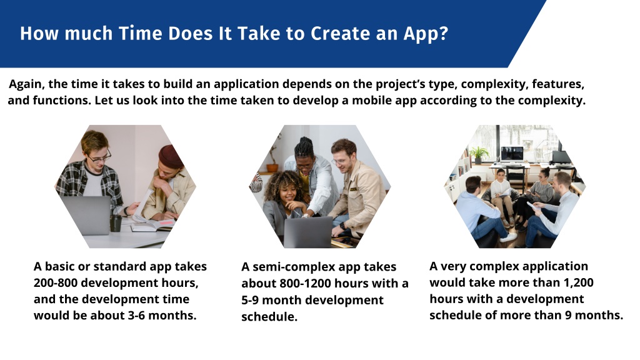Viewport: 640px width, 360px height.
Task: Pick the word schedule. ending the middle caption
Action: (x=269, y=317)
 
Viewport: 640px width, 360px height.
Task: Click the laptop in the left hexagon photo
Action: (x=86, y=216)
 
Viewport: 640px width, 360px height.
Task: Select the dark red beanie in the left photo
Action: (x=171, y=156)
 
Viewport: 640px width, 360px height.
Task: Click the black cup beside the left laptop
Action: (x=116, y=223)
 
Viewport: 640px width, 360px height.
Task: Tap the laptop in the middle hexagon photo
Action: (x=308, y=232)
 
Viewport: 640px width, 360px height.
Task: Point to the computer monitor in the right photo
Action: (x=512, y=154)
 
